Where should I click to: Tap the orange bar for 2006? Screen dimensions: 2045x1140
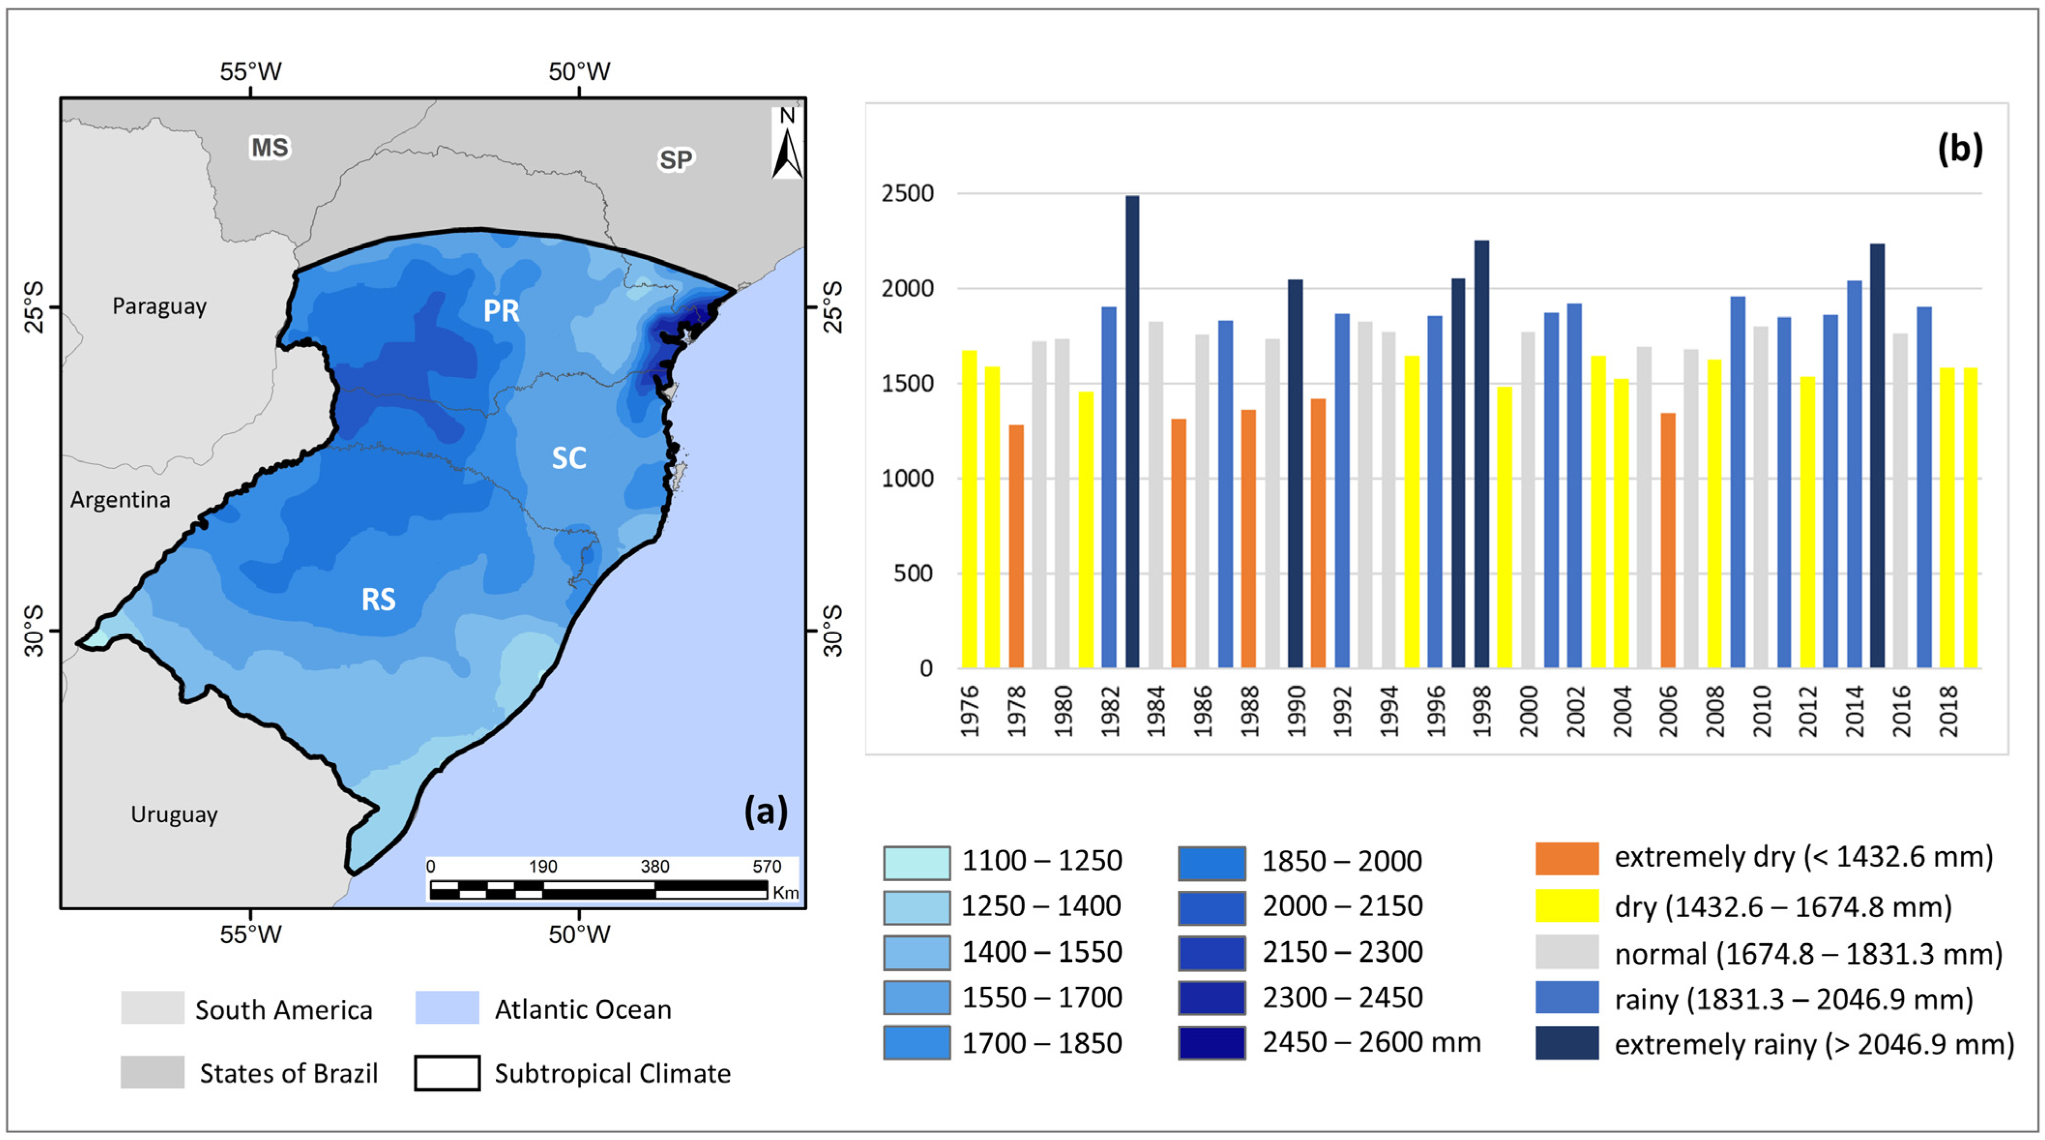[x=1668, y=541]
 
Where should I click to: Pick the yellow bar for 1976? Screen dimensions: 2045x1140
[x=969, y=509]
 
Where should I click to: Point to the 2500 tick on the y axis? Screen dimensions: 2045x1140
[x=907, y=193]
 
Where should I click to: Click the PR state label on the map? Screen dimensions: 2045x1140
[x=502, y=311]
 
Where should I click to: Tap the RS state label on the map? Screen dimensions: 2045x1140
[x=379, y=599]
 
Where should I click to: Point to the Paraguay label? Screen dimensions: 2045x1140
[x=160, y=307]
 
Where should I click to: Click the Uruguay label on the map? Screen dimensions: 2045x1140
[x=174, y=814]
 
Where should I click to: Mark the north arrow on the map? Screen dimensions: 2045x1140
[x=787, y=143]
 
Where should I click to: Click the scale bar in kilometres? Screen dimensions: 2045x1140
[x=599, y=889]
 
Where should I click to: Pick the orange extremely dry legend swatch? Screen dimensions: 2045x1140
[x=1566, y=858]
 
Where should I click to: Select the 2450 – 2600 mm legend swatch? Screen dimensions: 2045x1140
[x=1212, y=1042]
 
